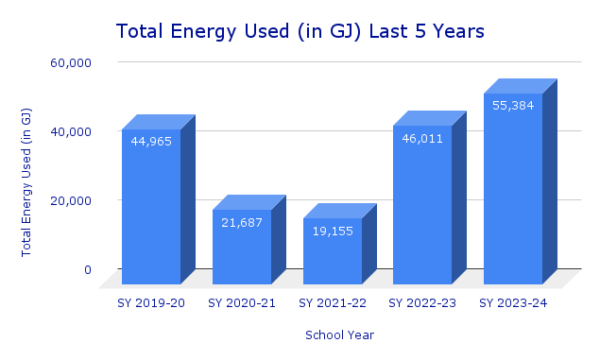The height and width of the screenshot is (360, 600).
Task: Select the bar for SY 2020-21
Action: pyautogui.click(x=242, y=250)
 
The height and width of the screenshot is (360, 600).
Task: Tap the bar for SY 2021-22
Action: pyautogui.click(x=333, y=255)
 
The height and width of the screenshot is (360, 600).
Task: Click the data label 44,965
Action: pyautogui.click(x=151, y=143)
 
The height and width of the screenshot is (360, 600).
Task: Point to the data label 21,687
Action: pyautogui.click(x=242, y=222)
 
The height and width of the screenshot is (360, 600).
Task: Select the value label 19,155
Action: pyautogui.click(x=333, y=231)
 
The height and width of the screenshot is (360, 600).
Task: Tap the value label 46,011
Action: pyautogui.click(x=422, y=138)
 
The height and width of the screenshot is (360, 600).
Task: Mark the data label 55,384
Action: pyautogui.click(x=513, y=105)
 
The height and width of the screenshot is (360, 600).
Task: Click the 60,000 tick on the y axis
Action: pyautogui.click(x=71, y=62)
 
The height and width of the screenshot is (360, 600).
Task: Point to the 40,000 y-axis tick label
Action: pyautogui.click(x=71, y=131)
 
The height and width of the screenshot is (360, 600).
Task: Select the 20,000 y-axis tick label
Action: pyautogui.click(x=71, y=200)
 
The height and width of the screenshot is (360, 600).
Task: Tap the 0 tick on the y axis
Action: pyautogui.click(x=87, y=269)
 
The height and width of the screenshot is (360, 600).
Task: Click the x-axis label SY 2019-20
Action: pyautogui.click(x=151, y=302)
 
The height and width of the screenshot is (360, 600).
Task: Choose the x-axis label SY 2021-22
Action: pyautogui.click(x=333, y=302)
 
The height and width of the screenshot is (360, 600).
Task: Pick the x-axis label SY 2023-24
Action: pyautogui.click(x=513, y=302)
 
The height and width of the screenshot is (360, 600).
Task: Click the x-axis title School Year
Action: pyautogui.click(x=339, y=334)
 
